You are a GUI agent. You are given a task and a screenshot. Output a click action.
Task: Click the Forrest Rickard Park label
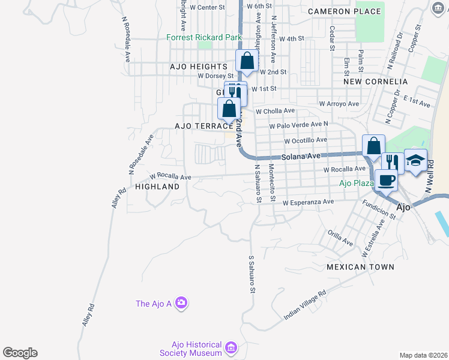(x=203, y=37)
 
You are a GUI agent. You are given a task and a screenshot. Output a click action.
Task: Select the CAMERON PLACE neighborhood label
(x=344, y=11)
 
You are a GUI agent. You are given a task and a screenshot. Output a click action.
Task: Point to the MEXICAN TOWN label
(x=360, y=267)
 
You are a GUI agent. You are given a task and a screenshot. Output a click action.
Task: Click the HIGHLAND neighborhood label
(x=157, y=187)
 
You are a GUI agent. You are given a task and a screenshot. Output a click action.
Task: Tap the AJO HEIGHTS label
(x=199, y=67)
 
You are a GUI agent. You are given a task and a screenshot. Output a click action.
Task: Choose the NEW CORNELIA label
(x=375, y=81)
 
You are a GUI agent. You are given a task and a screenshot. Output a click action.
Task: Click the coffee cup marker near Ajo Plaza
(x=386, y=180)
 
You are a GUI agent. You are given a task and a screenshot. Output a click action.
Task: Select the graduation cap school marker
(x=415, y=160)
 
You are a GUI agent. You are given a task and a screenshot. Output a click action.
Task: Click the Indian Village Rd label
(x=304, y=304)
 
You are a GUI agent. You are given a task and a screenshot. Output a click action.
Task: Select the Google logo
(x=20, y=353)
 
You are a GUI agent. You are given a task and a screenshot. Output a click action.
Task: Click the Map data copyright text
(x=423, y=355)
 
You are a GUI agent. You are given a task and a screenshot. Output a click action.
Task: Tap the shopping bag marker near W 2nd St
(x=247, y=61)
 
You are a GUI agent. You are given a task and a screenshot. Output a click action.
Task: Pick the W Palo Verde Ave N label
(x=298, y=125)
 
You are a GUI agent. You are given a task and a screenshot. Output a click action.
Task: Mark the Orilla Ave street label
(x=340, y=238)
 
